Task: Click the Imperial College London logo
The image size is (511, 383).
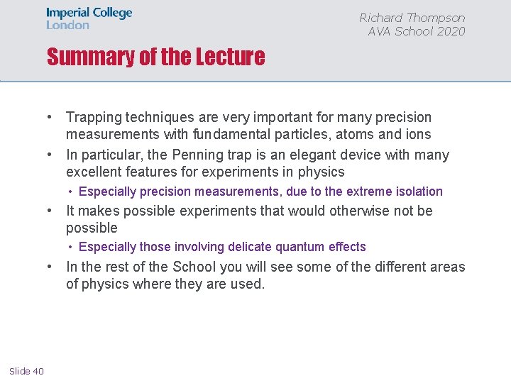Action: click(x=89, y=18)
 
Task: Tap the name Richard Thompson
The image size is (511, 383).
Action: click(x=412, y=18)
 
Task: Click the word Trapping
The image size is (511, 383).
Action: click(x=92, y=117)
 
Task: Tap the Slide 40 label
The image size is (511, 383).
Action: click(x=27, y=371)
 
